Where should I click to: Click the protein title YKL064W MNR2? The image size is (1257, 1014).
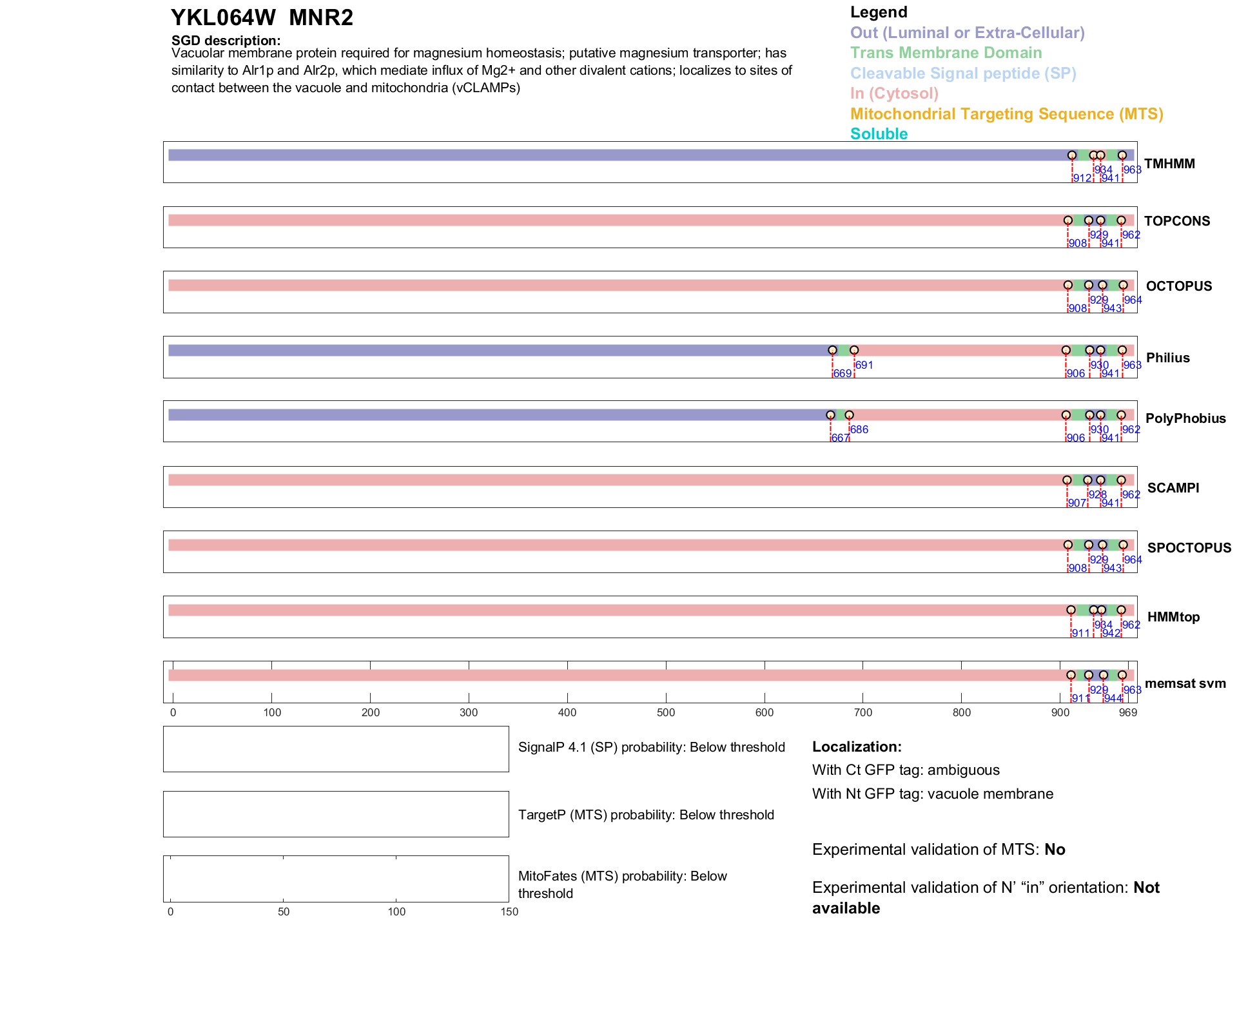262,18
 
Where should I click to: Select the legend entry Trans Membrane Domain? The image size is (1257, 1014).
946,53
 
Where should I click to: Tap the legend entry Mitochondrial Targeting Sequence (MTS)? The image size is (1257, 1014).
1006,114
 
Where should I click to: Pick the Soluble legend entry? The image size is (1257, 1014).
879,134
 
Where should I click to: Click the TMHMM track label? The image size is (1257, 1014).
1169,164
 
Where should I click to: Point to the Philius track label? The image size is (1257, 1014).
1167,358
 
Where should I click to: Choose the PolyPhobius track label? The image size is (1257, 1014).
1185,418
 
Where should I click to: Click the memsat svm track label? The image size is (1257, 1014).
1185,683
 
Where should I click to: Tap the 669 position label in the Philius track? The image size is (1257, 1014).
842,374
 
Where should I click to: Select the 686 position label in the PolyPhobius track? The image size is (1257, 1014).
859,430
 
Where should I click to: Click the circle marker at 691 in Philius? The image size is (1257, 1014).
854,350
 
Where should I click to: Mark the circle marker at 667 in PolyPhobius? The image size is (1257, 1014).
830,415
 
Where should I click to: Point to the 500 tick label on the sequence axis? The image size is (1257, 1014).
666,713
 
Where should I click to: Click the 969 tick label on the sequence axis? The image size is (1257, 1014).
1127,713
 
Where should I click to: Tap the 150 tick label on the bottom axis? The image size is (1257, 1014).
509,912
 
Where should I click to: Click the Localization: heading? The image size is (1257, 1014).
857,747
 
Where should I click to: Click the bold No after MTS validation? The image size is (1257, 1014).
1055,850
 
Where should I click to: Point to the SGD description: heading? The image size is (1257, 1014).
226,41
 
